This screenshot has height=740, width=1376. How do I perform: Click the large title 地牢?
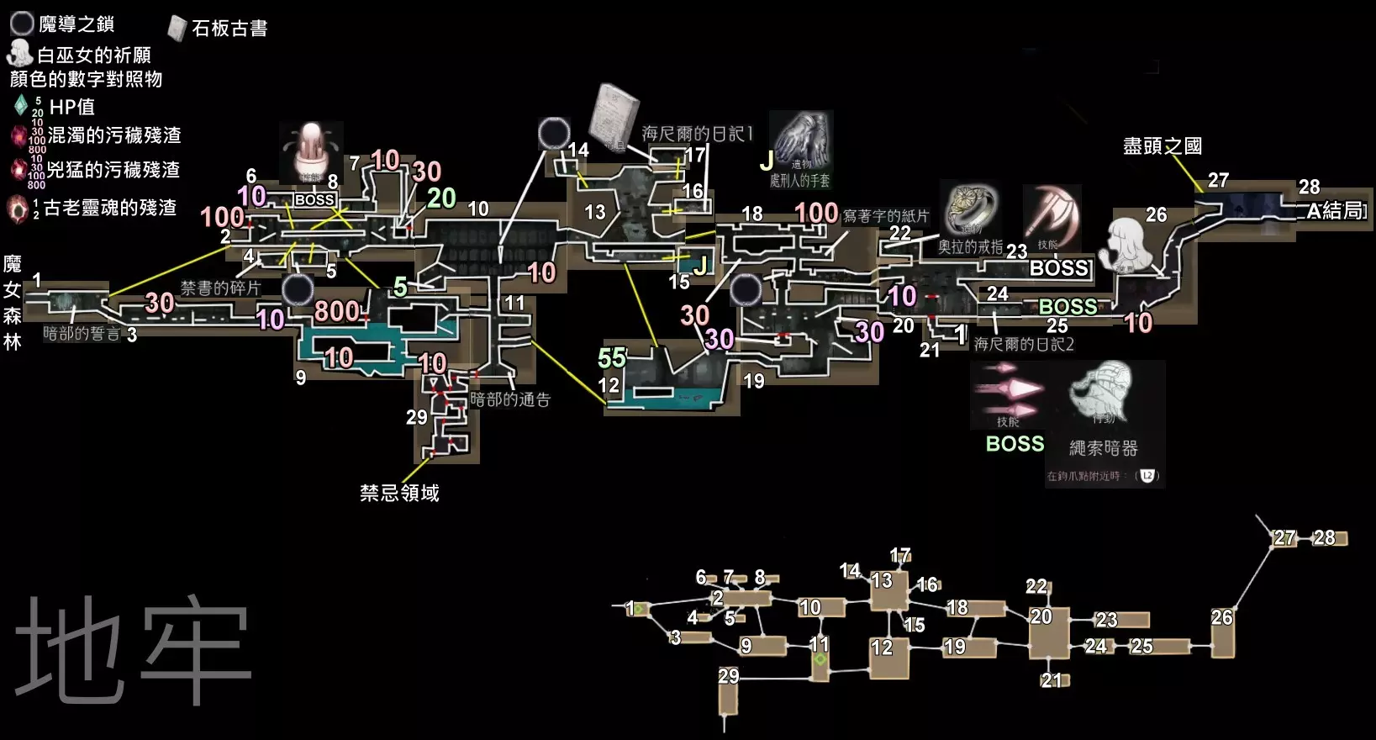pyautogui.click(x=133, y=649)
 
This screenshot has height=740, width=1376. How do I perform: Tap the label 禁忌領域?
pyautogui.click(x=399, y=493)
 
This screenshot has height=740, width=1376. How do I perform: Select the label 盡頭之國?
pyautogui.click(x=1162, y=146)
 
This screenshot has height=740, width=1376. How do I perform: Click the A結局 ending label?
pyautogui.click(x=1336, y=210)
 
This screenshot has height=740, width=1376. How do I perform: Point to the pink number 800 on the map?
pyautogui.click(x=337, y=312)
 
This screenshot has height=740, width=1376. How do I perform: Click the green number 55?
pyautogui.click(x=612, y=358)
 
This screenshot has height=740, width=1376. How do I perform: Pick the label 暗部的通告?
pyautogui.click(x=509, y=399)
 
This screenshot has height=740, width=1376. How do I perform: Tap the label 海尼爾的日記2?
pyautogui.click(x=1023, y=344)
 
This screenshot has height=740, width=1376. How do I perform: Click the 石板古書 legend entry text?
pyautogui.click(x=229, y=29)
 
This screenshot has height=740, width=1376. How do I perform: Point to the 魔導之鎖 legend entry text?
pyautogui.click(x=76, y=24)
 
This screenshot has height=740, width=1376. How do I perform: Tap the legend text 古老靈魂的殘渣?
pyautogui.click(x=110, y=208)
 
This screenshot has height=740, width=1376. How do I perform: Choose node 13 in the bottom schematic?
pyautogui.click(x=888, y=589)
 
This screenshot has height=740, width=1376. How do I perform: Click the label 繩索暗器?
pyautogui.click(x=1103, y=448)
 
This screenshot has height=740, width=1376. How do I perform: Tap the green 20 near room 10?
pyautogui.click(x=441, y=198)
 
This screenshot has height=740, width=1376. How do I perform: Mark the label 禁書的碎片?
pyautogui.click(x=220, y=288)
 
